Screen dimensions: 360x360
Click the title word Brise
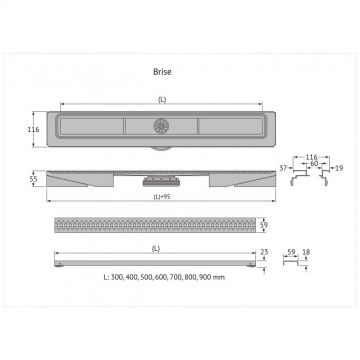[162, 72]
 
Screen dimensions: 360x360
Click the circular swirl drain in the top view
[162, 126]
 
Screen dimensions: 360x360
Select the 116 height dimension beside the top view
[33, 129]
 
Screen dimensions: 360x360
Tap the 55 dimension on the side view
[33, 179]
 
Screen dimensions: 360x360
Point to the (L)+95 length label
[162, 197]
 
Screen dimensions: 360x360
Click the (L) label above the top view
[162, 100]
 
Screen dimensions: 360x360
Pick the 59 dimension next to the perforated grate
[263, 225]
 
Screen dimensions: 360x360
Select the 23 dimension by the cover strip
[264, 252]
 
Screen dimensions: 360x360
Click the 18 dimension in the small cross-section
[306, 252]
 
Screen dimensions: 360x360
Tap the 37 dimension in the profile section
[283, 168]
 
